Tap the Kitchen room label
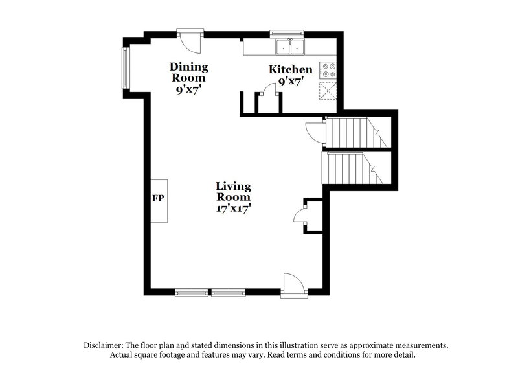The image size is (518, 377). click(x=291, y=69)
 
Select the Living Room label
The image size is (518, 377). click(x=233, y=192)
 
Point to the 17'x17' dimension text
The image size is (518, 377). click(x=233, y=208)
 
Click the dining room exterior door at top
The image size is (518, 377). click(x=190, y=40)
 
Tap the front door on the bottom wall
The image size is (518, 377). click(x=291, y=285)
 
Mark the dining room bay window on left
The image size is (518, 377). click(x=126, y=67)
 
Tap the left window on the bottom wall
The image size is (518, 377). click(x=192, y=293)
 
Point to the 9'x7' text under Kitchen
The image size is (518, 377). click(x=291, y=81)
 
